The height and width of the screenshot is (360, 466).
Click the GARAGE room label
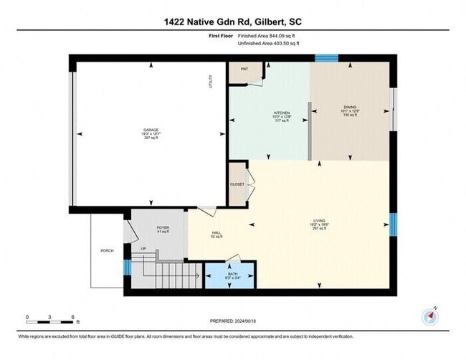(151, 131)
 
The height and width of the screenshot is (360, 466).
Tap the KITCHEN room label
(281, 113)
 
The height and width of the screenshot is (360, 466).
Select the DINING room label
(349, 108)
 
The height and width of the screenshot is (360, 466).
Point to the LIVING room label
(320, 220)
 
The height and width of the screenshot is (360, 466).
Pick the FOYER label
(162, 227)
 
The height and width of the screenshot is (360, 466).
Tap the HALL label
(216, 233)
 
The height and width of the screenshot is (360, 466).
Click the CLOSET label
(237, 184)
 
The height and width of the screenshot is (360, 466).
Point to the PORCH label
(106, 250)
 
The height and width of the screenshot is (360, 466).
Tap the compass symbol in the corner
(431, 315)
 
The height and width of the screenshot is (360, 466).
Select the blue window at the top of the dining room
(326, 58)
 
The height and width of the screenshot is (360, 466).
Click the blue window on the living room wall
(392, 224)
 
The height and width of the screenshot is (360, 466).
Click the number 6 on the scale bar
(72, 316)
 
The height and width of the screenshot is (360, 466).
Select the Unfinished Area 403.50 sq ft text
(269, 44)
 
